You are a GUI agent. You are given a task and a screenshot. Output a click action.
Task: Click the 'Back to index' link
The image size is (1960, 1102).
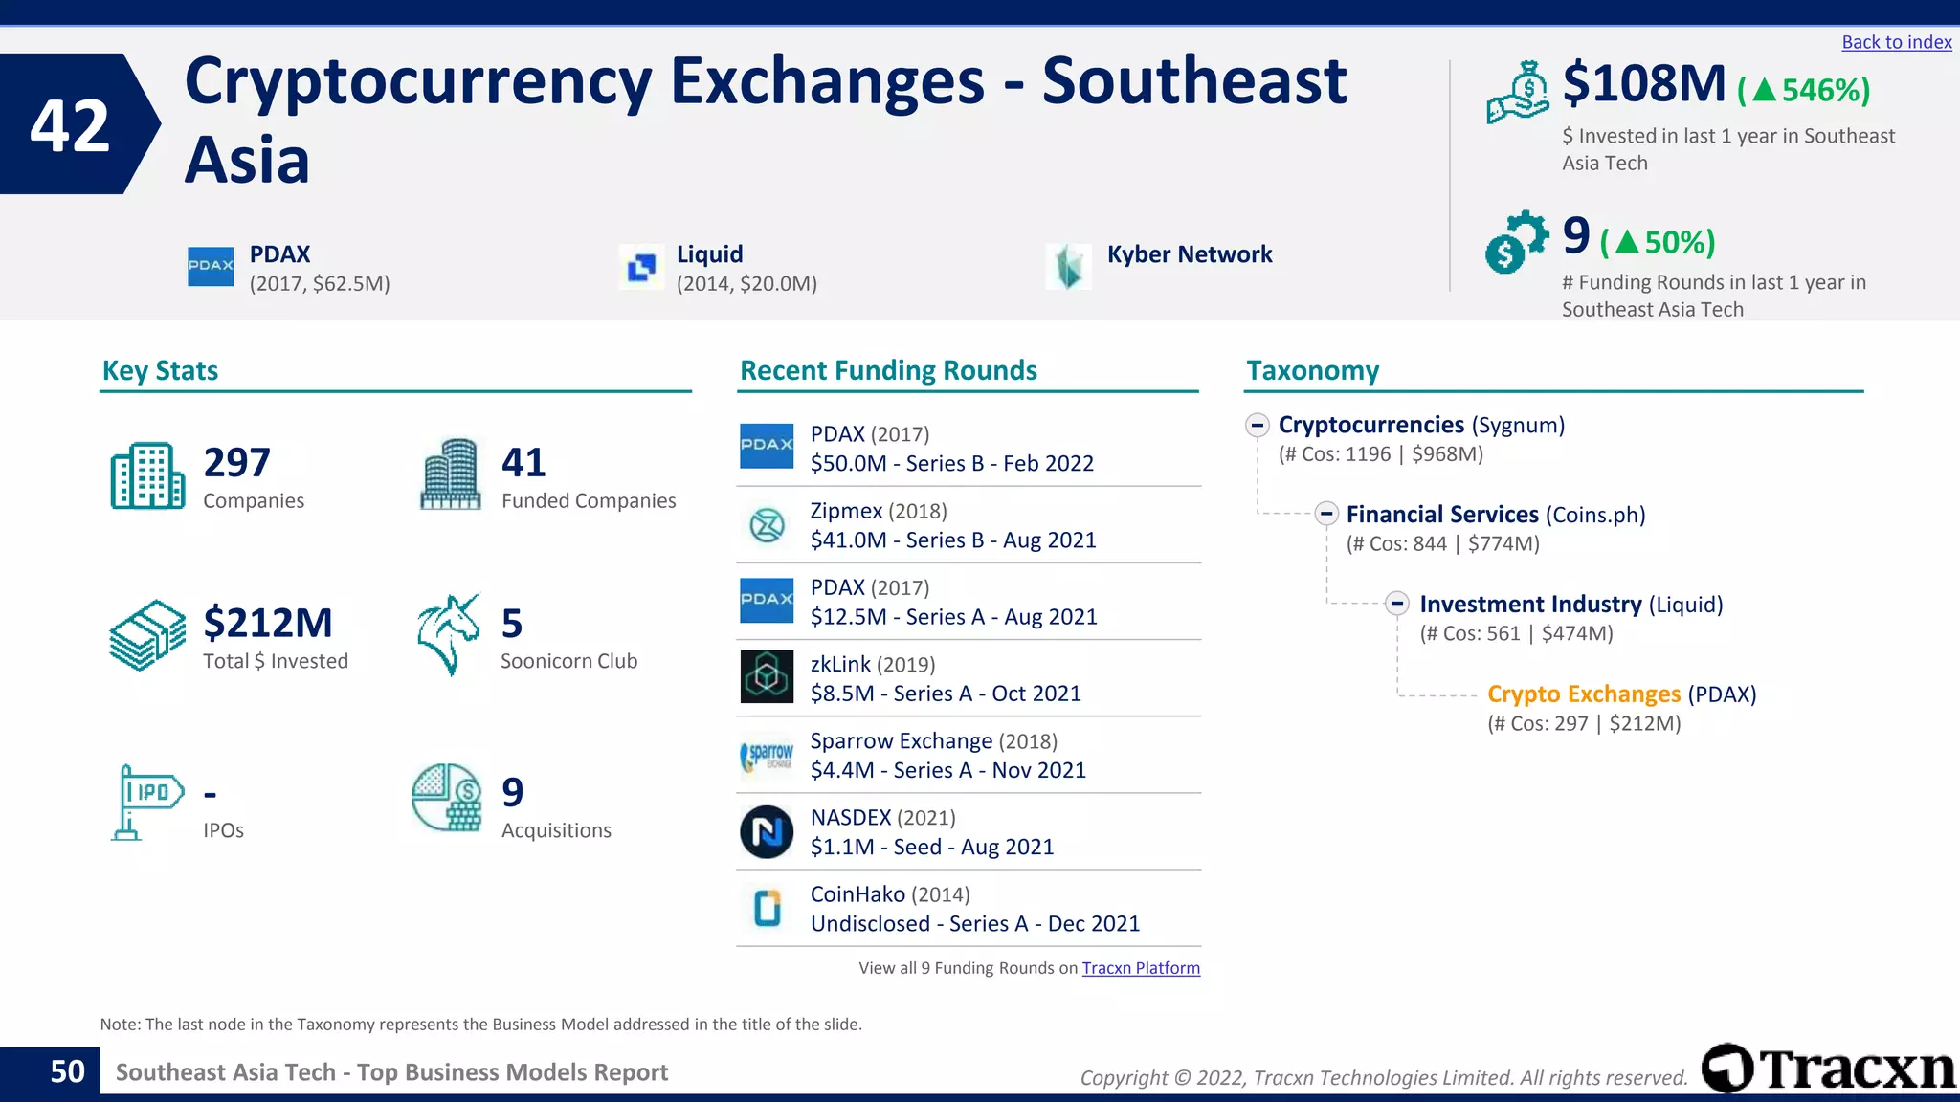(x=1896, y=42)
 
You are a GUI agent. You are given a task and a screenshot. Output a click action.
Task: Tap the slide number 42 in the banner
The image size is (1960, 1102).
(x=70, y=125)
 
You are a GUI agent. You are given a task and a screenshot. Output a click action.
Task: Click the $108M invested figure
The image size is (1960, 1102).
(x=1643, y=84)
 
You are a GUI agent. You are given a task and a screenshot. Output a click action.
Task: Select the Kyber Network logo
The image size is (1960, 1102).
(x=1068, y=266)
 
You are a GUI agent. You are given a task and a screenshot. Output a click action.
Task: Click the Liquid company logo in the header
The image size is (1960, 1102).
(x=641, y=266)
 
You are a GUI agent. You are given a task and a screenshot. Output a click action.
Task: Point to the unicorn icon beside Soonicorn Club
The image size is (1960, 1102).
(x=448, y=634)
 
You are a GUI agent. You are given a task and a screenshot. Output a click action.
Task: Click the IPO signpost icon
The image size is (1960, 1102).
(x=145, y=802)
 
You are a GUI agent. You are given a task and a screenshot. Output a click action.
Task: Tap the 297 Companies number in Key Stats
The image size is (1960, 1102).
(x=236, y=463)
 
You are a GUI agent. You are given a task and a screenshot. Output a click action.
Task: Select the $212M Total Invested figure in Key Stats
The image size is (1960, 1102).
(x=268, y=624)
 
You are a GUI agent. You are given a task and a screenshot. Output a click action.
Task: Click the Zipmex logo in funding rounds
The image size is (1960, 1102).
(x=767, y=524)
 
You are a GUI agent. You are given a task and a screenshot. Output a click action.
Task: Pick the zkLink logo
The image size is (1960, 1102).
(x=767, y=677)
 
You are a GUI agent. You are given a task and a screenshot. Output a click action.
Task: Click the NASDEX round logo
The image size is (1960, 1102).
(x=767, y=831)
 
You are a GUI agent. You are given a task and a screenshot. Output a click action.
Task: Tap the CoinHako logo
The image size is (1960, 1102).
(x=767, y=908)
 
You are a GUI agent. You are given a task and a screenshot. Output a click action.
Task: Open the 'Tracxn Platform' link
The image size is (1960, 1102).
(x=1141, y=968)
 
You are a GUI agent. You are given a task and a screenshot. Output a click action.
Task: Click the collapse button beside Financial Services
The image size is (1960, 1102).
(x=1326, y=514)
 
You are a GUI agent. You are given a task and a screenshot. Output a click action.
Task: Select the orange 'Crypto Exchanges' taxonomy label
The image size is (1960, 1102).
(x=1583, y=694)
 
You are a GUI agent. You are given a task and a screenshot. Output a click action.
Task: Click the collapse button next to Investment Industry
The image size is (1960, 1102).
(x=1397, y=604)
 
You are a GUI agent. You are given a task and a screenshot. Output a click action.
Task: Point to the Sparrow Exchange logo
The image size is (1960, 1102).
(x=767, y=755)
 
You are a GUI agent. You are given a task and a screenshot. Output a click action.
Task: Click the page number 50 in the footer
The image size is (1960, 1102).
(x=67, y=1071)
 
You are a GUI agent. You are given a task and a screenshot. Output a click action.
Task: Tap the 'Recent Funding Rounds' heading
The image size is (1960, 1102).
(x=888, y=370)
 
